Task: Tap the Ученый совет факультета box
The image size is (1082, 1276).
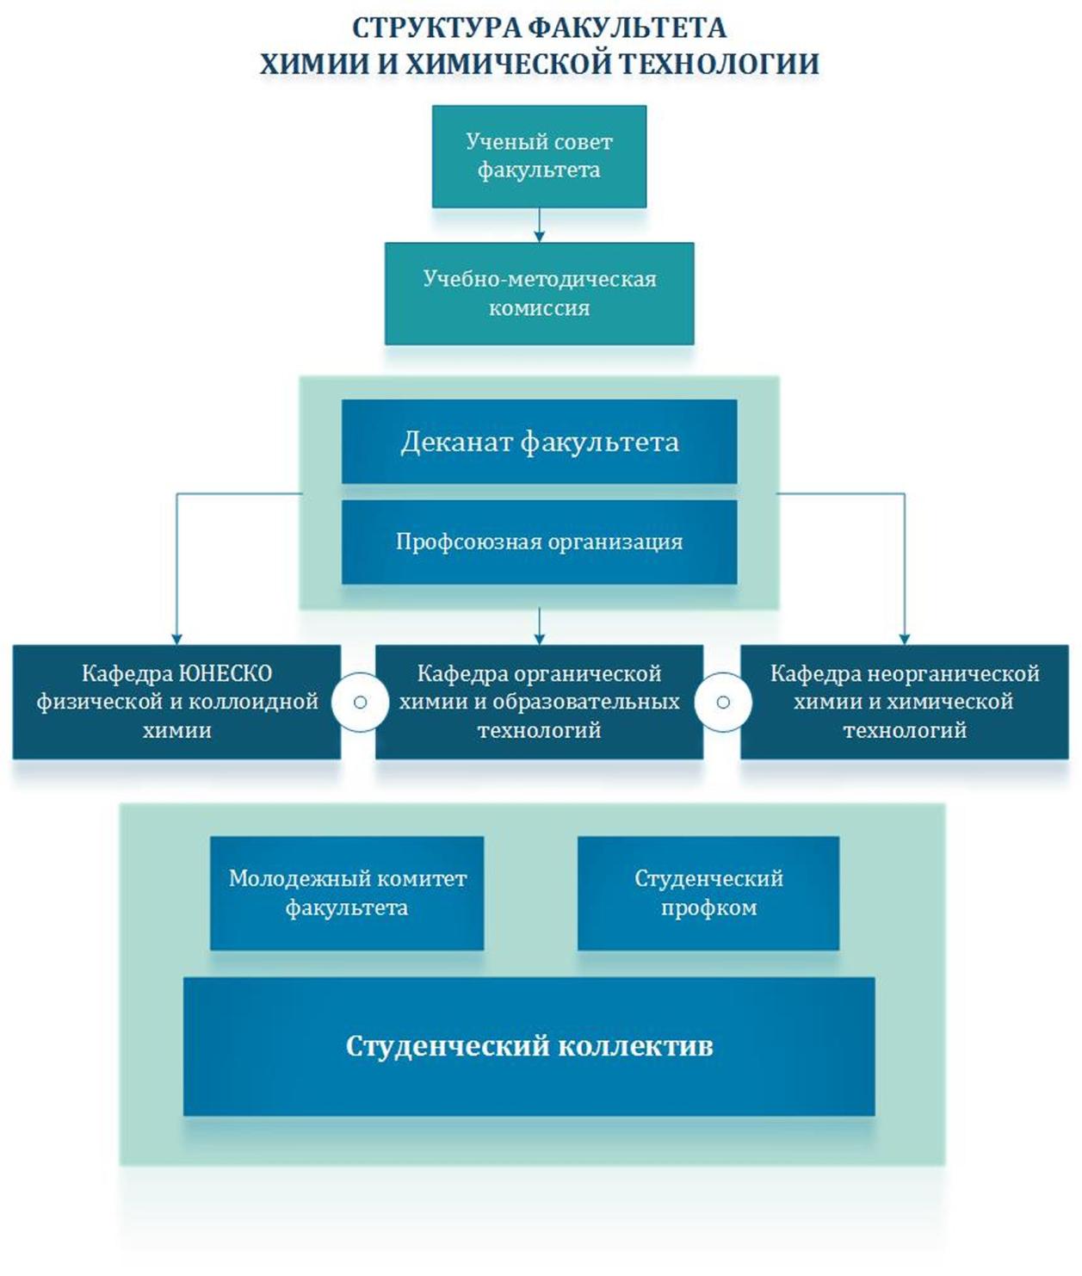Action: pyautogui.click(x=539, y=156)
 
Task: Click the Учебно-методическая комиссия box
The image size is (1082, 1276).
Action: pyautogui.click(x=539, y=294)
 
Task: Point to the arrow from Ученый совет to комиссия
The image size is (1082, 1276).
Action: pyautogui.click(x=540, y=226)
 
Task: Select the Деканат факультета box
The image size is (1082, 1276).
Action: pyautogui.click(x=539, y=442)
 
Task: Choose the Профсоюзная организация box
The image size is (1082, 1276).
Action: pyautogui.click(x=539, y=542)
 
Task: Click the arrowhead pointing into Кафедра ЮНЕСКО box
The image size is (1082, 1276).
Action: pyautogui.click(x=176, y=638)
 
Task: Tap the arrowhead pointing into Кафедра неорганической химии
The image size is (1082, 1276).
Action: pyautogui.click(x=905, y=638)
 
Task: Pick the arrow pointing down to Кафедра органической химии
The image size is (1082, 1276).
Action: pyautogui.click(x=540, y=627)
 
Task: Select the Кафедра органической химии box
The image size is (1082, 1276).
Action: pyautogui.click(x=539, y=702)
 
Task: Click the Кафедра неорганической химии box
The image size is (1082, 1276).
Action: pyautogui.click(x=905, y=702)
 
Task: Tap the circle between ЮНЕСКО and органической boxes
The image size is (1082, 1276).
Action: pyautogui.click(x=360, y=703)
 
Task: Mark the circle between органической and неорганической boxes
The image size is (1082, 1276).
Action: pyautogui.click(x=723, y=703)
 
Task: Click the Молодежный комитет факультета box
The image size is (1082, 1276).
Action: pyautogui.click(x=347, y=893)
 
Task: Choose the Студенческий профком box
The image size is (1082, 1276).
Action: pyautogui.click(x=708, y=893)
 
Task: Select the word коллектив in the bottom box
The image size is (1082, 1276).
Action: pyautogui.click(x=635, y=1046)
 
